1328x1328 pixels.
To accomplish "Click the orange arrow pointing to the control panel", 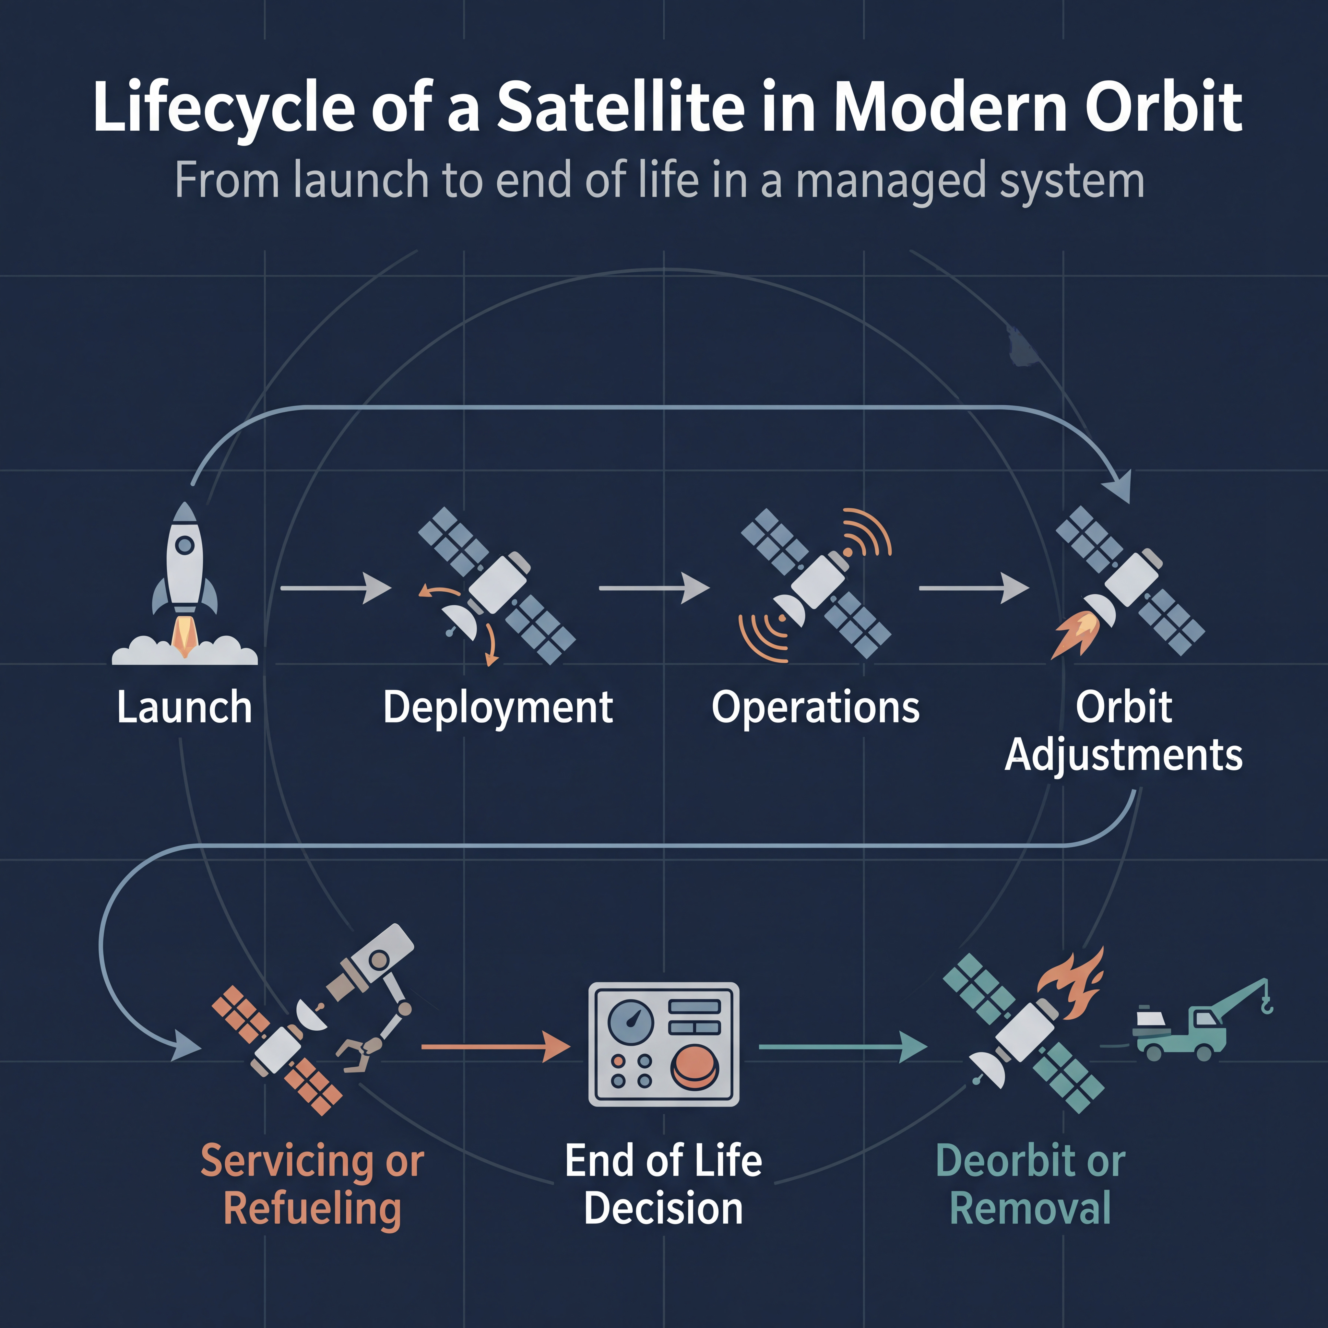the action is (496, 1046).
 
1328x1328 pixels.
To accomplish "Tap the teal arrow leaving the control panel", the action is (843, 1046).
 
